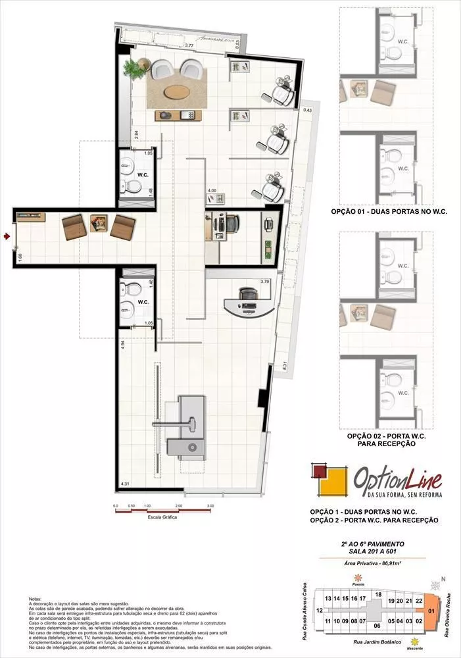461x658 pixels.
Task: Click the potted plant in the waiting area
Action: [x=135, y=68]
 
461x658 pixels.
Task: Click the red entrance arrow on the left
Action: [x=7, y=235]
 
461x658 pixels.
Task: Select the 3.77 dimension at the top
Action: [x=189, y=45]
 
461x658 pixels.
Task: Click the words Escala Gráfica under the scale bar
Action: [x=162, y=517]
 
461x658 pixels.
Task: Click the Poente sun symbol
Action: [x=358, y=577]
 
